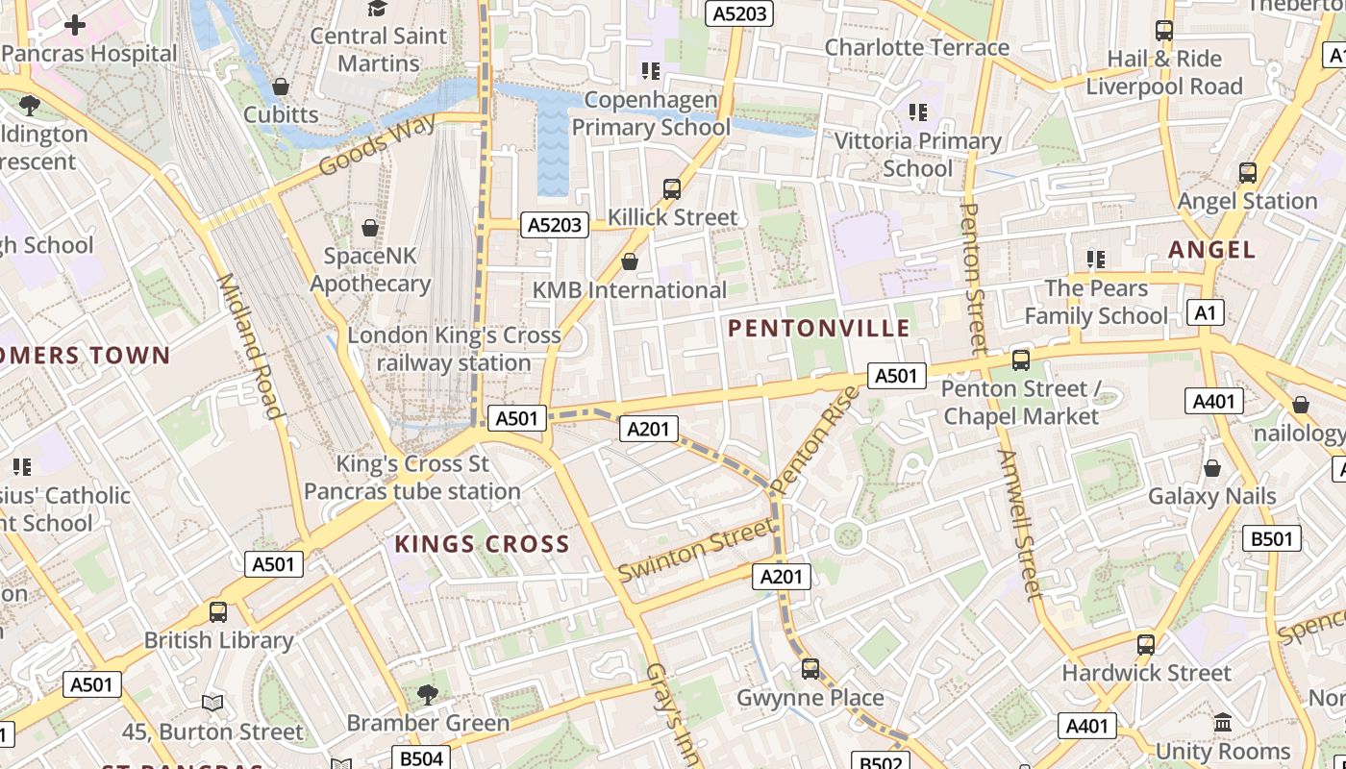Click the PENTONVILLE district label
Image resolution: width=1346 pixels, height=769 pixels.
pos(818,329)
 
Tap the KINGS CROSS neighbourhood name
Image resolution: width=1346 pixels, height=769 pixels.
pos(482,544)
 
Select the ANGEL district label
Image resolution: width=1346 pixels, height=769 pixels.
pos(1211,250)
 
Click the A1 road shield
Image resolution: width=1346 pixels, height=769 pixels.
pos(1206,312)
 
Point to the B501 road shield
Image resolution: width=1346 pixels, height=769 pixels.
pos(1272,538)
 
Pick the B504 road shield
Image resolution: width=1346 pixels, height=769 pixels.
pos(421,758)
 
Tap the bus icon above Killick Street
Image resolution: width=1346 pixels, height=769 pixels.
pos(672,189)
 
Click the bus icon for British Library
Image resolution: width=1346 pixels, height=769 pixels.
pos(218,612)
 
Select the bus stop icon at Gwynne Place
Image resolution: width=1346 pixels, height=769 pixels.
pos(810,669)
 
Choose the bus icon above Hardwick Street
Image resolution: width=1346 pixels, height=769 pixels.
pos(1145,644)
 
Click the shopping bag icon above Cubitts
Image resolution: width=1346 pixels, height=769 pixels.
pos(281,87)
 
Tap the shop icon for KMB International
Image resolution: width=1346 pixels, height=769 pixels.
pos(630,261)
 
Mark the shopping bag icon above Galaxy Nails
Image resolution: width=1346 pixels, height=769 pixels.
pos(1212,468)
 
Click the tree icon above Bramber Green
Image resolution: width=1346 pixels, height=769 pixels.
pos(428,694)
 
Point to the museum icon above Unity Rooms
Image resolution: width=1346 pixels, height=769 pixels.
pos(1223,722)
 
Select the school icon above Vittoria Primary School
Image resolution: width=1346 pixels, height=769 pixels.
pos(918,112)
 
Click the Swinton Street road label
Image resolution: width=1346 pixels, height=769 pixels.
pos(695,550)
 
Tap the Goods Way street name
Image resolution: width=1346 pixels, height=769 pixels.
pos(377,144)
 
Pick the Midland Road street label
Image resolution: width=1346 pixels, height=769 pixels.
pos(249,346)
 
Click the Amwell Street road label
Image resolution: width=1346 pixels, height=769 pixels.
pos(1019,524)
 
